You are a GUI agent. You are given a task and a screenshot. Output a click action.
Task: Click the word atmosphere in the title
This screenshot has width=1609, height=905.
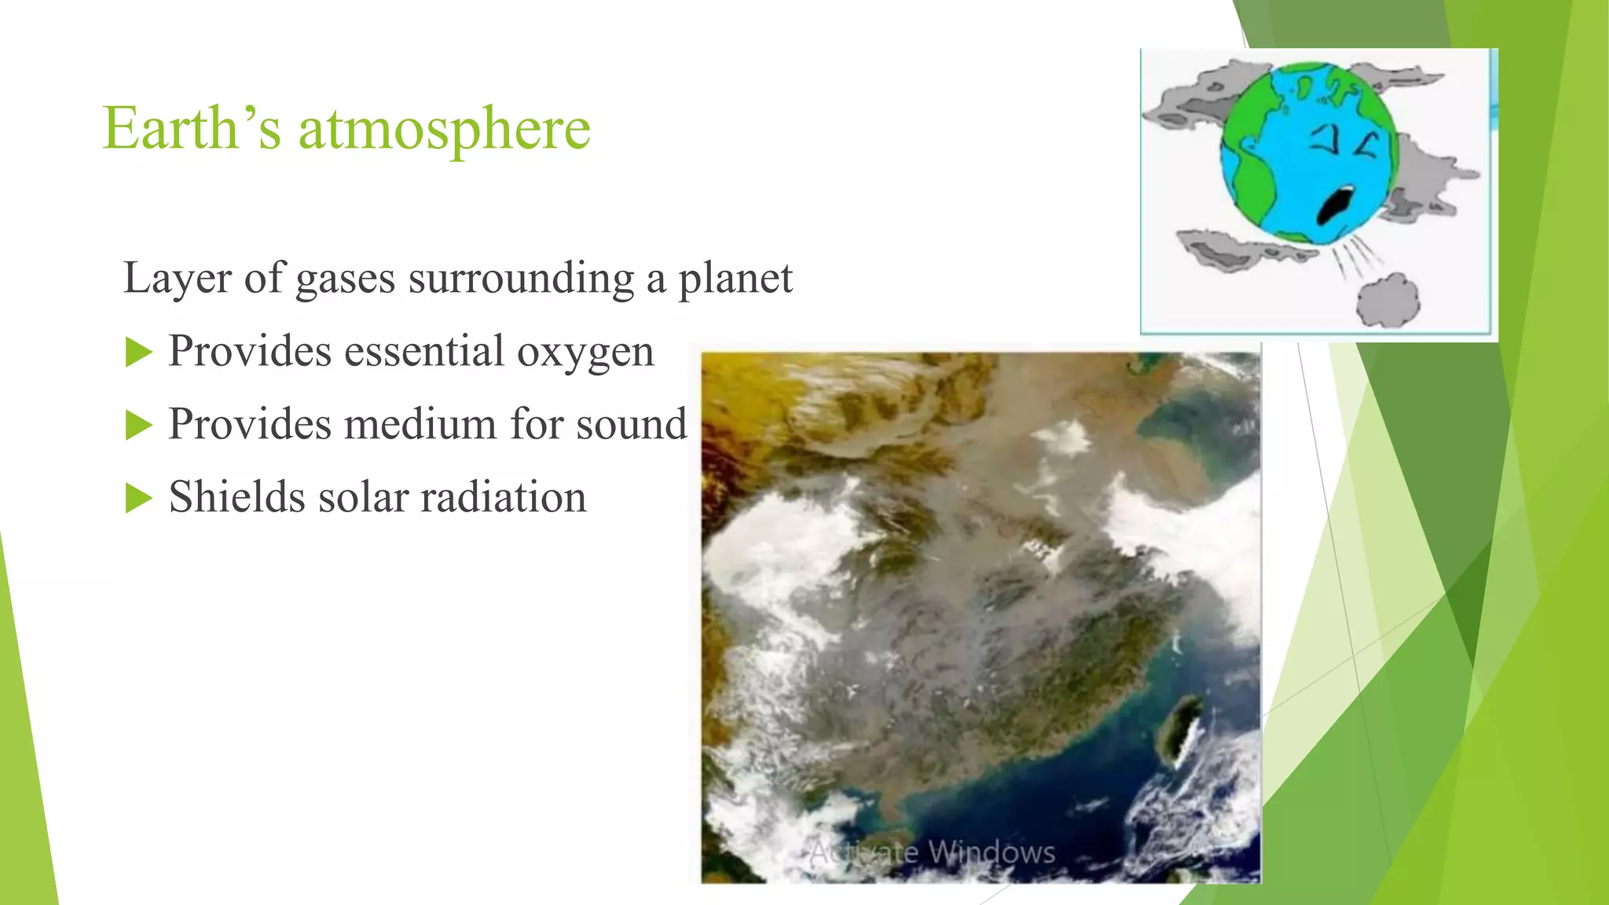(x=444, y=130)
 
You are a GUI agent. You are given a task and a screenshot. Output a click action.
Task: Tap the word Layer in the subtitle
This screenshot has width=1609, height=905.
(x=177, y=278)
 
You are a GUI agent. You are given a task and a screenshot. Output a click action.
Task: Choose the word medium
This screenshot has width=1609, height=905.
(x=420, y=424)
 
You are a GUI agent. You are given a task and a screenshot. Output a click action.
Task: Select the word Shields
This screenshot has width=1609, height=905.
(x=236, y=497)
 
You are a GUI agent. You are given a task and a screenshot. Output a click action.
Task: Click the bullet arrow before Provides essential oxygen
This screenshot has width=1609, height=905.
(x=138, y=353)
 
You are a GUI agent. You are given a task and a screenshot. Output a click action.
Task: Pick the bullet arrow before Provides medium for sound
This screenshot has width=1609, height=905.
(x=138, y=426)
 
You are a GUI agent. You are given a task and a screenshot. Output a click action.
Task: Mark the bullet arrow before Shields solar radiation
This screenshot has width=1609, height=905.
(x=138, y=498)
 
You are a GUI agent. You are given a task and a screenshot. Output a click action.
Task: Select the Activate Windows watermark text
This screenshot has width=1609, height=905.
(x=933, y=852)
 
